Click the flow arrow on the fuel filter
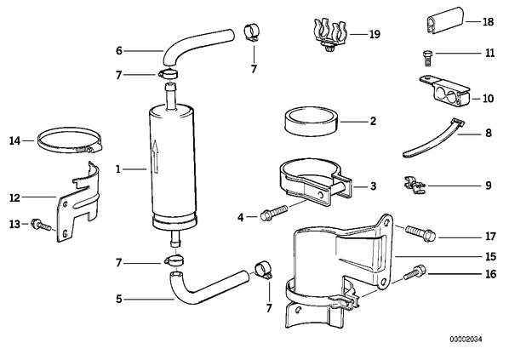(x=156, y=156)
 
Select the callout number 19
(x=375, y=34)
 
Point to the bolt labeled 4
(x=274, y=212)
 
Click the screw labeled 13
(x=41, y=225)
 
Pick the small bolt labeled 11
(x=427, y=58)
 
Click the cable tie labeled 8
(x=432, y=140)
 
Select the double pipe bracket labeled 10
(x=444, y=92)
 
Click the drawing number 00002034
(x=466, y=340)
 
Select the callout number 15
(x=491, y=256)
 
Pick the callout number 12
(x=15, y=197)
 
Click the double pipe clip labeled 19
(x=330, y=35)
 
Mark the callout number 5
(x=119, y=299)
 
